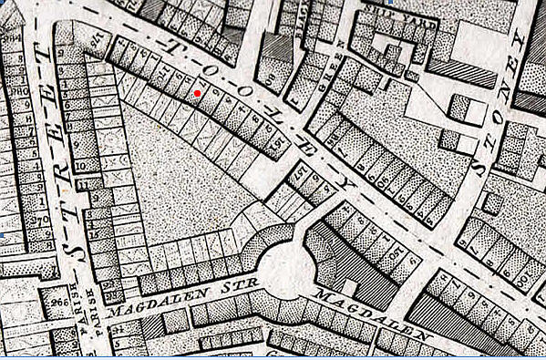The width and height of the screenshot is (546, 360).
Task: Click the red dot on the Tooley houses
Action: coord(198,92)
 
